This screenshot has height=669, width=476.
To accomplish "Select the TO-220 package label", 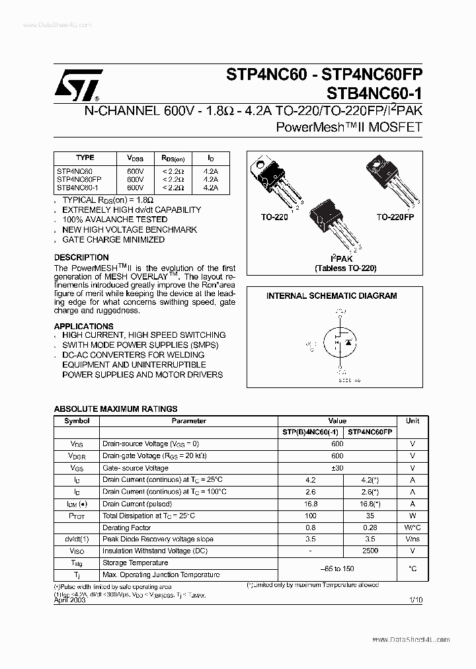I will coord(275,217).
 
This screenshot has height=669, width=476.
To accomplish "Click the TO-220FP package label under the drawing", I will coord(395,217).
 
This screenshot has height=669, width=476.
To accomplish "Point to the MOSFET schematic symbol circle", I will coord(340,342).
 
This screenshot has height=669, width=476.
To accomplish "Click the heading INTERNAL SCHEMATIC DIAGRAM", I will coord(331,296).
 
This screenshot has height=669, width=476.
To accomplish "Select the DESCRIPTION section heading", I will coord(81,257).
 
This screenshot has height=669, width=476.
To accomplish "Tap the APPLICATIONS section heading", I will coord(83,327).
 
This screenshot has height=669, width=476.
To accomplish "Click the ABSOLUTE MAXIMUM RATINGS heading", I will coord(115,409).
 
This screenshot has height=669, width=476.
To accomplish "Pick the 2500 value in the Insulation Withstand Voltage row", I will coord(370,551).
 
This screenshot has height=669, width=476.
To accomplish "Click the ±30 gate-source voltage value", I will coord(337,468).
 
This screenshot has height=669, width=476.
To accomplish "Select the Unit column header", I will coord(413,420).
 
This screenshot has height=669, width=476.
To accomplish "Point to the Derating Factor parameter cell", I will coord(126,528).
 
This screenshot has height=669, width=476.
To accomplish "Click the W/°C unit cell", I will coord(413,528).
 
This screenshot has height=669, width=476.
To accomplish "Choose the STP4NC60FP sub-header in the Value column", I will coord(370,432).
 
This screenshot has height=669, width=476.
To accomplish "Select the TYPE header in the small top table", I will coord(85,158).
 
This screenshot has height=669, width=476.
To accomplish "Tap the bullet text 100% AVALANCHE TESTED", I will coord(114,219).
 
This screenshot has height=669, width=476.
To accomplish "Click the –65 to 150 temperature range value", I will coord(337,569).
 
